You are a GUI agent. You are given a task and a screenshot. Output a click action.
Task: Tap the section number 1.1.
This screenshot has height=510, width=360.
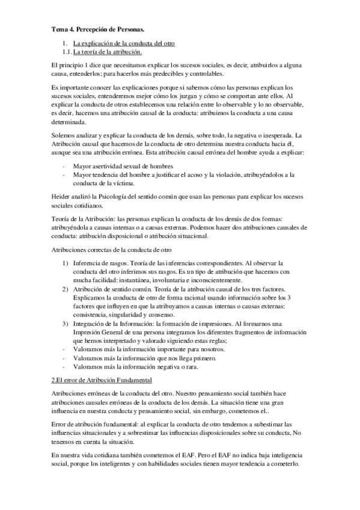67,53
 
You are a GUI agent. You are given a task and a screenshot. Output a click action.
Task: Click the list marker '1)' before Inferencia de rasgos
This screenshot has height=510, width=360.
66,263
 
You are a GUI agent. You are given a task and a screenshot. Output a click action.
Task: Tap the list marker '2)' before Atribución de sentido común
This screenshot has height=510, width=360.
66,289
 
